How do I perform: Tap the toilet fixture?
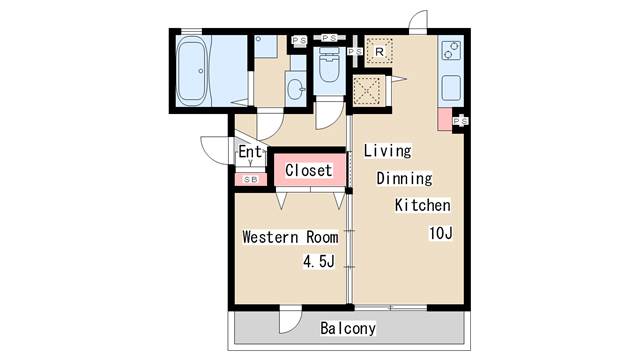click(329, 70)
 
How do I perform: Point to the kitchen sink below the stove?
click(449, 88)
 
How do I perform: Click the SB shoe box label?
click(249, 179)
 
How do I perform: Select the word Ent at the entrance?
click(250, 153)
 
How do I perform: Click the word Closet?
click(308, 171)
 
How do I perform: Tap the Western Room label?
click(290, 238)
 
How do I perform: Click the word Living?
click(387, 151)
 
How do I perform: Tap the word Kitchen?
click(422, 206)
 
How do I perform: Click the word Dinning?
click(404, 179)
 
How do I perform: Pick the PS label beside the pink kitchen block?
click(461, 121)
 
